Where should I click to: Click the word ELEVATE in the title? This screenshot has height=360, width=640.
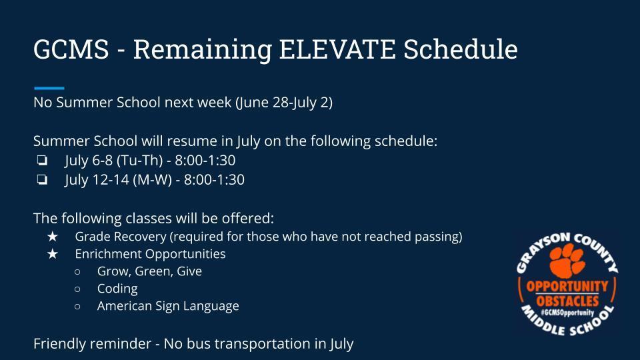pyautogui.click(x=337, y=49)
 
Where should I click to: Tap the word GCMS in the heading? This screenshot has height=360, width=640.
pyautogui.click(x=71, y=49)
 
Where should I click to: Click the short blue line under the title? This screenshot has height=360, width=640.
pyautogui.click(x=49, y=88)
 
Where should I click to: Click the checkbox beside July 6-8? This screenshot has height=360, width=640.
pyautogui.click(x=42, y=161)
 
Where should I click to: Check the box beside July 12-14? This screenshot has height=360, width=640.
pyautogui.click(x=42, y=179)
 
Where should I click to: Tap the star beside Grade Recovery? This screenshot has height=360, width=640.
pyautogui.click(x=52, y=236)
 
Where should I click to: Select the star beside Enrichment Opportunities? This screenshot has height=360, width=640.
pyautogui.click(x=52, y=254)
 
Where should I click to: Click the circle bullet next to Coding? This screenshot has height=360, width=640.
pyautogui.click(x=77, y=289)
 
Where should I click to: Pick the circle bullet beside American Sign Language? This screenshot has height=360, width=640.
pyautogui.click(x=77, y=306)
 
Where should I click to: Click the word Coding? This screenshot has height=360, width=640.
pyautogui.click(x=117, y=289)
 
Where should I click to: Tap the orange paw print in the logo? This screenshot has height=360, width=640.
pyautogui.click(x=567, y=260)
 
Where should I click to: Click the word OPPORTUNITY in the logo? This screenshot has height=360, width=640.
pyautogui.click(x=567, y=287)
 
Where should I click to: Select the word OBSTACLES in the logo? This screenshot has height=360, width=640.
pyautogui.click(x=567, y=301)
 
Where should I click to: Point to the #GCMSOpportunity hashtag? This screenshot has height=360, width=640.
pyautogui.click(x=567, y=313)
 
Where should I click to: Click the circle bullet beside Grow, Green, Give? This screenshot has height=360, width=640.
pyautogui.click(x=77, y=271)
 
